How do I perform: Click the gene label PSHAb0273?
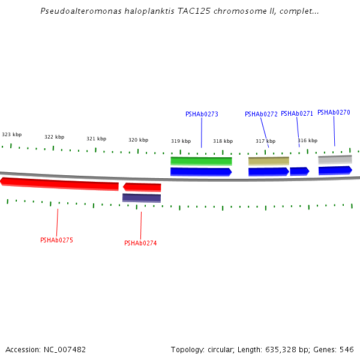(x=202, y=114)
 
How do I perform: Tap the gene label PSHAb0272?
(x=261, y=114)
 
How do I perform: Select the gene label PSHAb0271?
(x=297, y=113)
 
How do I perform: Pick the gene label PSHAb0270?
(x=334, y=112)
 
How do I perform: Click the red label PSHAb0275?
(x=56, y=240)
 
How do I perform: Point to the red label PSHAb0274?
(x=140, y=243)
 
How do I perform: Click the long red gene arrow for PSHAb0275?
(x=60, y=184)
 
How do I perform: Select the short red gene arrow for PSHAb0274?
(x=142, y=187)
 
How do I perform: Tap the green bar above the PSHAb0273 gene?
(x=201, y=161)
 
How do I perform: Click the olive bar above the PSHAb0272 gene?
(x=268, y=161)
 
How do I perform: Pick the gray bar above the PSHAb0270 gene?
(x=335, y=160)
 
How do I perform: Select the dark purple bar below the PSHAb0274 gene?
(x=142, y=197)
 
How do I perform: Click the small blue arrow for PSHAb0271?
(x=299, y=171)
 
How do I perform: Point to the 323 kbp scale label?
(x=12, y=134)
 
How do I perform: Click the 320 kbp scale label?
(x=138, y=140)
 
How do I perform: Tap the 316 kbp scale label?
(x=307, y=140)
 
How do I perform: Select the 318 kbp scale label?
(x=223, y=141)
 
